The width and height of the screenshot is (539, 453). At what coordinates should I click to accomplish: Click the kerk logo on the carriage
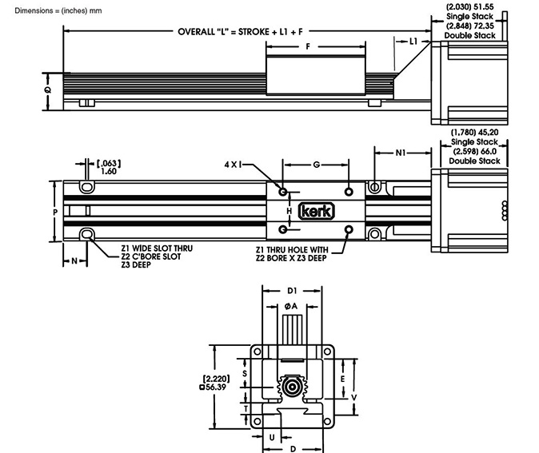317,211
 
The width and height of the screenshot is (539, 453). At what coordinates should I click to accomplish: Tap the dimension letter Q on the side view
48,90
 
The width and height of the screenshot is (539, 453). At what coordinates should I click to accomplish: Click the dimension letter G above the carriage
317,164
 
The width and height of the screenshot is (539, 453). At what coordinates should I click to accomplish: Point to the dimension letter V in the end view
353,395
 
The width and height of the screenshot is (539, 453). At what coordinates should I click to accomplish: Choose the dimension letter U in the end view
273,437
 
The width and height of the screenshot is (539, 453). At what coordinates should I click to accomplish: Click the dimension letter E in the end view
341,378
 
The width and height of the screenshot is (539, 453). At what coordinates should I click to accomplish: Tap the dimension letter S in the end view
245,372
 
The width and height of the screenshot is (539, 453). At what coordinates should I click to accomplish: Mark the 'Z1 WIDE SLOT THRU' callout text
157,248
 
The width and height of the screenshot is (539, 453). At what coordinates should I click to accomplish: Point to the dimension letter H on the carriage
289,211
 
